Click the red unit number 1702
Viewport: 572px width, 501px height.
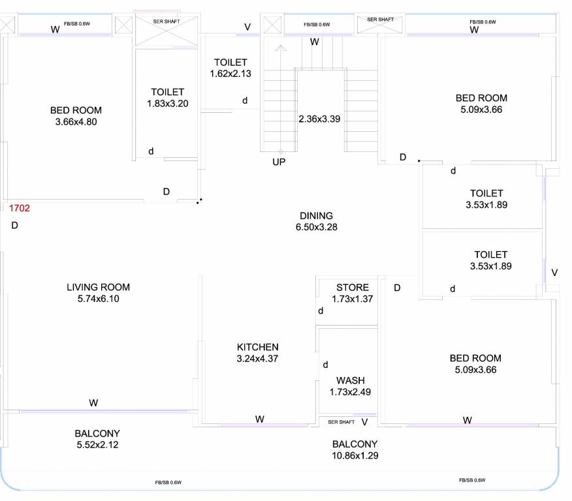click(x=20, y=209)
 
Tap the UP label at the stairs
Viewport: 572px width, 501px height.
click(x=279, y=162)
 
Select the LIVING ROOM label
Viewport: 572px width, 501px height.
click(x=98, y=287)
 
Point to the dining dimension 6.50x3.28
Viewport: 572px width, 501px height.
click(x=316, y=228)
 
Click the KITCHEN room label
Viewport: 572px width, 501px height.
click(x=257, y=347)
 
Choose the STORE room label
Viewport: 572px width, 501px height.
click(x=353, y=288)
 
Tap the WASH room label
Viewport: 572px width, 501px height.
click(x=351, y=380)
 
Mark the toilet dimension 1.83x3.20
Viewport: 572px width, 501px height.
click(x=168, y=103)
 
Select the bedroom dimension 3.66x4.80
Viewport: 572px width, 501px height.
click(x=76, y=121)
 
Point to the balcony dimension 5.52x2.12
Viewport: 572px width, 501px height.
click(x=97, y=445)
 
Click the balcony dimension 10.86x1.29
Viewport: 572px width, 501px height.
click(x=355, y=455)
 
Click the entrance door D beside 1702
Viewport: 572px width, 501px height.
click(x=14, y=226)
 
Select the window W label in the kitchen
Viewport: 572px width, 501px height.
click(x=259, y=419)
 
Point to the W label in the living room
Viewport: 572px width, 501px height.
click(x=93, y=403)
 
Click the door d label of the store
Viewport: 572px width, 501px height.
click(x=321, y=311)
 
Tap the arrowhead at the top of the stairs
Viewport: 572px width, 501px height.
click(x=280, y=48)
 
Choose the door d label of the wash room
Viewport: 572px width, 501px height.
click(x=325, y=365)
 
